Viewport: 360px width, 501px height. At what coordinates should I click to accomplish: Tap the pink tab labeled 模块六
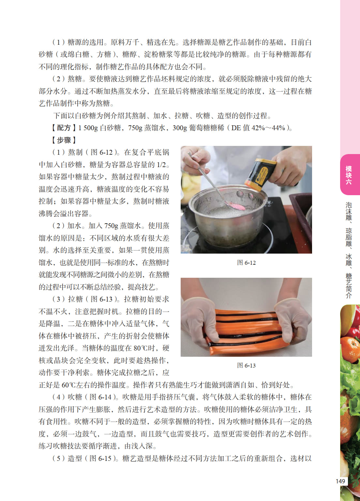(350, 175)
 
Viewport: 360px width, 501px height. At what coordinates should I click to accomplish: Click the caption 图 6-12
(246, 263)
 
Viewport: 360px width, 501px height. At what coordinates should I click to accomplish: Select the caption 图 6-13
(246, 366)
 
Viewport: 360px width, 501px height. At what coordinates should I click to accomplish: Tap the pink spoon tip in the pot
(238, 206)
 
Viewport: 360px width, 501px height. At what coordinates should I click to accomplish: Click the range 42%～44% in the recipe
(268, 128)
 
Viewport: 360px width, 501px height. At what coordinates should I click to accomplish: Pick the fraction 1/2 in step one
(161, 165)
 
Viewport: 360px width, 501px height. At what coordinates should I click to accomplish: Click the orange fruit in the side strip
(350, 349)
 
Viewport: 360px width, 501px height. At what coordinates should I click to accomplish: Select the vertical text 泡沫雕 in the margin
(349, 211)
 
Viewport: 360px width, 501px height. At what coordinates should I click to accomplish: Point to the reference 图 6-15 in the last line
(100, 459)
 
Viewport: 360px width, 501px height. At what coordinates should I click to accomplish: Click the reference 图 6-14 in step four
(100, 397)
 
